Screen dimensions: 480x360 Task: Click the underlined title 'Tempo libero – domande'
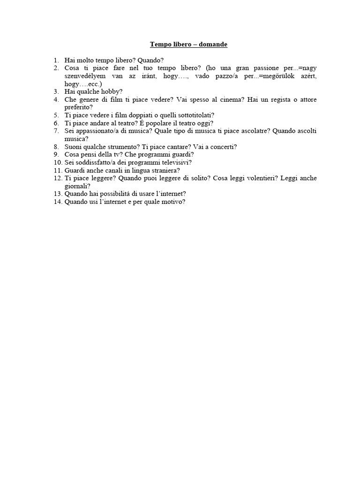[x=188, y=45]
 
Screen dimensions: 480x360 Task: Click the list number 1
[x=56, y=60]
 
